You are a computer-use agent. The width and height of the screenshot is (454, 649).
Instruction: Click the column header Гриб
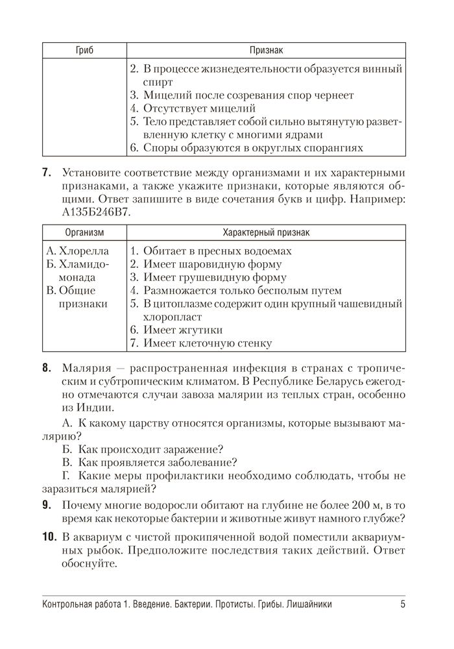click(x=84, y=51)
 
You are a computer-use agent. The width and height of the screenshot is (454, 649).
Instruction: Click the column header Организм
click(x=84, y=232)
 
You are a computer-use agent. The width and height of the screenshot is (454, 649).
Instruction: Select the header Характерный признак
click(x=266, y=232)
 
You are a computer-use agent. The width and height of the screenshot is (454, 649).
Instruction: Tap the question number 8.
click(x=46, y=368)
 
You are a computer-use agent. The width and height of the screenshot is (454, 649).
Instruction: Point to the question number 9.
click(x=46, y=504)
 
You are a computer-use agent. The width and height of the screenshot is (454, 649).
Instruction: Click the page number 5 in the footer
click(x=403, y=605)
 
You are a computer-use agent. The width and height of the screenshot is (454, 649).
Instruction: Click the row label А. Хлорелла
click(x=78, y=251)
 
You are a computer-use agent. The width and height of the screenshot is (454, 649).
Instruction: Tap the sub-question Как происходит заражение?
click(x=150, y=449)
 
